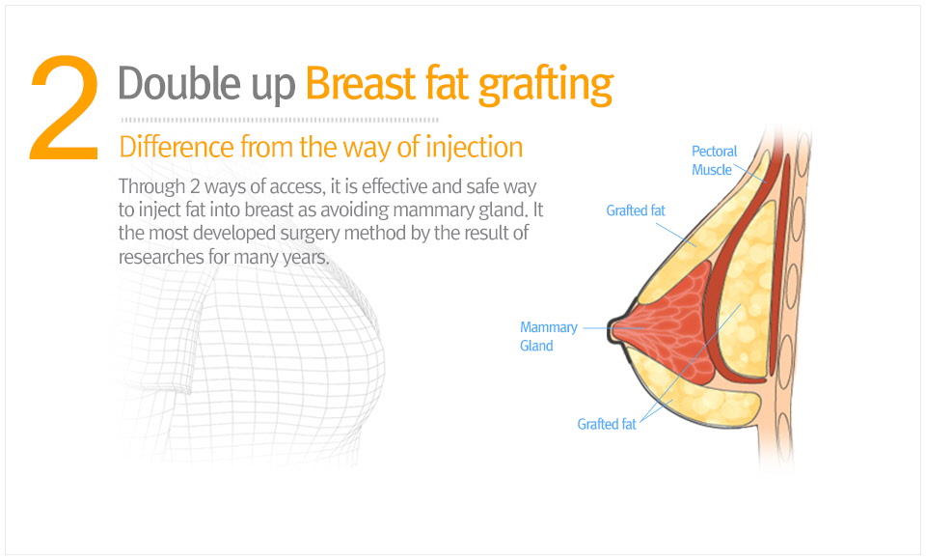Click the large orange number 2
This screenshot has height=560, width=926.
[64, 107]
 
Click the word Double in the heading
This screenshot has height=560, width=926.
[178, 83]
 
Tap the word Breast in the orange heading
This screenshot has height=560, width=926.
[360, 83]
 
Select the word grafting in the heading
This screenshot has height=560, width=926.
[546, 86]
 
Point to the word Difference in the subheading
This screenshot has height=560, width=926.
[177, 147]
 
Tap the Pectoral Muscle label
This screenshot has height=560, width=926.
[714, 160]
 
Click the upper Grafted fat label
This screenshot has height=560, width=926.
[636, 210]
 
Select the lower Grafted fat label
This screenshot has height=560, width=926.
[607, 424]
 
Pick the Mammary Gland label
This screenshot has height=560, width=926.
[549, 336]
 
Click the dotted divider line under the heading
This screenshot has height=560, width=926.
[280, 120]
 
